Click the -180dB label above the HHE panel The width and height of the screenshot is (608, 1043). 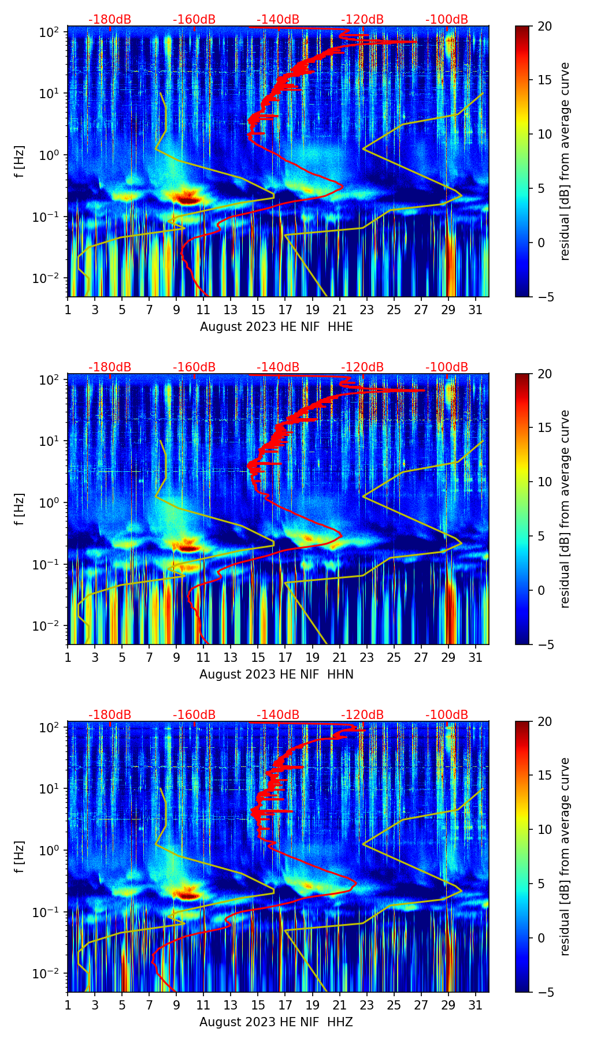(x=110, y=20)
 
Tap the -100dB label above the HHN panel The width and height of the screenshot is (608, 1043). (x=447, y=367)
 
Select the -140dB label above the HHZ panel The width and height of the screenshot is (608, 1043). (x=278, y=715)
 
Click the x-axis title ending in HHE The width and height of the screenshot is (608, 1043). (x=276, y=327)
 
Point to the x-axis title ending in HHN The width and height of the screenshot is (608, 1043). (x=276, y=675)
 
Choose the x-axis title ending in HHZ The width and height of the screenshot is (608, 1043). (x=276, y=1022)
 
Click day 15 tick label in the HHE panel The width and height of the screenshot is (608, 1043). (x=258, y=309)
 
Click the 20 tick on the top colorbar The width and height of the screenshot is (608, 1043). (x=544, y=26)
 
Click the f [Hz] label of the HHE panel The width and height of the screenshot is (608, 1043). (x=20, y=161)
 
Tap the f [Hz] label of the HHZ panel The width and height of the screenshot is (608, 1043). (x=20, y=856)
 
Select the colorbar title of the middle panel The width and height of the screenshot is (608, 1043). (x=565, y=509)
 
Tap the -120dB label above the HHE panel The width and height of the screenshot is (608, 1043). (x=362, y=20)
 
